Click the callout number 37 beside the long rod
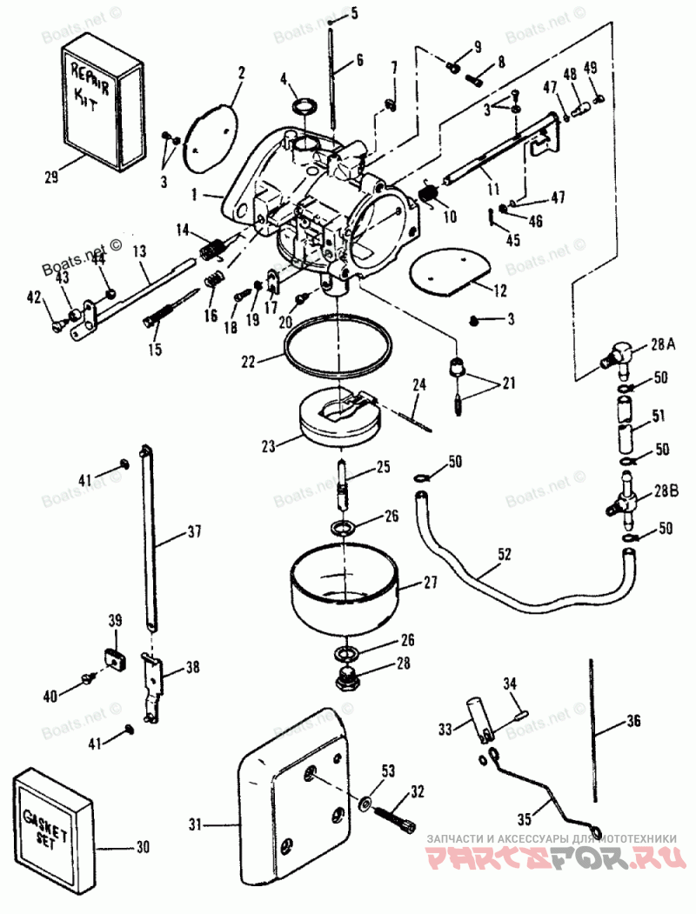pyautogui.click(x=194, y=531)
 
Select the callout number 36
pyautogui.click(x=632, y=720)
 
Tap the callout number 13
pyautogui.click(x=139, y=250)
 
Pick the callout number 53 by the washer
pyautogui.click(x=387, y=770)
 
